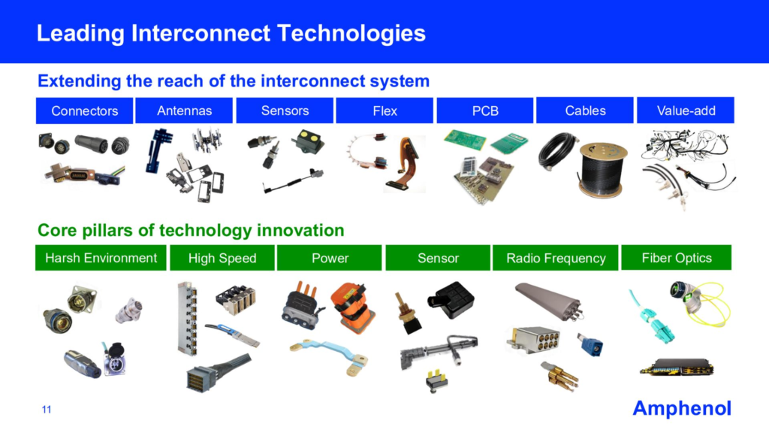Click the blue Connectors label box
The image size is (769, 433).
click(x=85, y=111)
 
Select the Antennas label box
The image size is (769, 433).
click(x=185, y=111)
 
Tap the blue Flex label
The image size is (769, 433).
click(x=385, y=111)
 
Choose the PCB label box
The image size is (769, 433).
click(x=485, y=111)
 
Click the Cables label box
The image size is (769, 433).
click(x=585, y=111)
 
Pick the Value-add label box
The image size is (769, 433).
click(x=685, y=111)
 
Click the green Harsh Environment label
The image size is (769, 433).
click(x=101, y=258)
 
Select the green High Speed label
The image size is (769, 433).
click(x=222, y=258)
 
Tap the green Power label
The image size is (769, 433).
click(x=330, y=258)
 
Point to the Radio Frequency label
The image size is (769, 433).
click(x=556, y=258)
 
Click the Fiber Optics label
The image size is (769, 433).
click(x=677, y=257)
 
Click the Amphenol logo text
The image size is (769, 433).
click(x=682, y=408)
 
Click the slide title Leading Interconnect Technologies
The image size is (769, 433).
click(x=231, y=33)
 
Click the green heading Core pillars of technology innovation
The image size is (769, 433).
click(x=191, y=230)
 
